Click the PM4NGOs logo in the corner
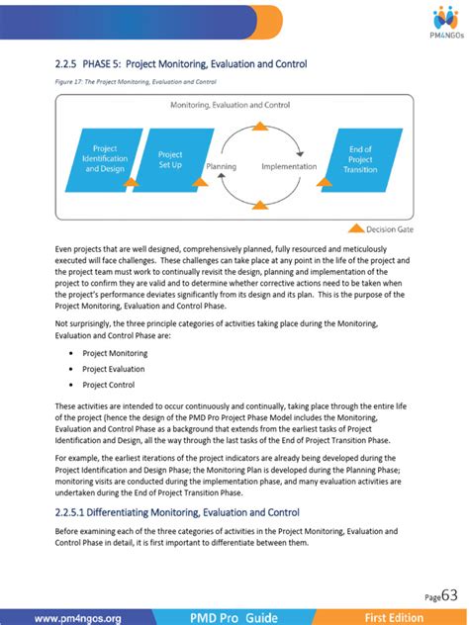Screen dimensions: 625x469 coord(442,20)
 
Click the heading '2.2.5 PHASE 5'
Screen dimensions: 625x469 coord(181,64)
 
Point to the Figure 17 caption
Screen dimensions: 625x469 coord(136,81)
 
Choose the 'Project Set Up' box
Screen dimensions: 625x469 coord(170,159)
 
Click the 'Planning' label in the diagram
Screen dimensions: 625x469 coord(221,167)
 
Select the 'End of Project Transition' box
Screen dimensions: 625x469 coord(360,159)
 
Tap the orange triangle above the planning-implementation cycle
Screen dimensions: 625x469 coord(259,127)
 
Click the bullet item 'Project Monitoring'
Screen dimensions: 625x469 coord(115,352)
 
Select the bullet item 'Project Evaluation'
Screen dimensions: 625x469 coord(115,369)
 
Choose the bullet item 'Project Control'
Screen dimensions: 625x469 coord(110,385)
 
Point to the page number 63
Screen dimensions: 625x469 coord(449,595)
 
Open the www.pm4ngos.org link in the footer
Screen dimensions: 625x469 coord(77,618)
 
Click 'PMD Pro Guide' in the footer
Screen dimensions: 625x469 coord(234,618)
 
